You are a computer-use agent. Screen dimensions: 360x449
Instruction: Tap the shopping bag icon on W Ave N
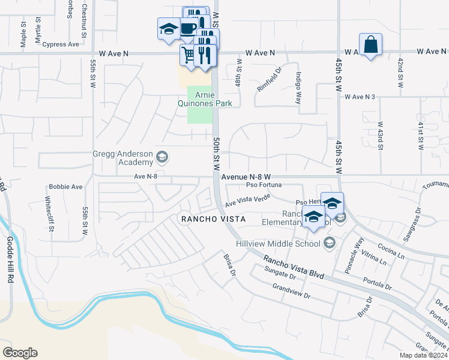click(371, 45)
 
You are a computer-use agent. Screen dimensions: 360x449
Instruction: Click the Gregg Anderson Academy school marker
click(161, 158)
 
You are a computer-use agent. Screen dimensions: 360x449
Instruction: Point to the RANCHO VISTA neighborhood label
click(214, 220)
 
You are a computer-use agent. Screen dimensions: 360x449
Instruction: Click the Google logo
click(20, 353)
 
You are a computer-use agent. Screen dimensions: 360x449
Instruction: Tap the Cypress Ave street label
click(61, 44)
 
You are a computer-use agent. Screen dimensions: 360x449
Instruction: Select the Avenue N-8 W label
click(246, 177)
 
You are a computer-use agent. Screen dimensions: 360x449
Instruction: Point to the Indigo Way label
click(298, 89)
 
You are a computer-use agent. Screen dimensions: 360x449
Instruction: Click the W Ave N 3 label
click(360, 97)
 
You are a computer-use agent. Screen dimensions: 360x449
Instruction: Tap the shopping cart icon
click(188, 55)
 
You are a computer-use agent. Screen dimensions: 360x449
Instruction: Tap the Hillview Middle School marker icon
click(329, 243)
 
